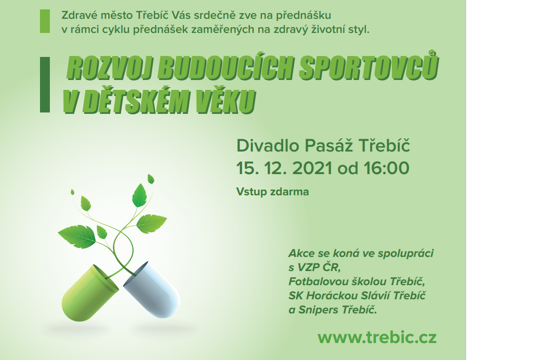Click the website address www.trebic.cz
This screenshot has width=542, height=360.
pyautogui.click(x=377, y=337)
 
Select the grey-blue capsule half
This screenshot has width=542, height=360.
pyautogui.click(x=152, y=289)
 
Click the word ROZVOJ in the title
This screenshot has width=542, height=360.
pyautogui.click(x=110, y=68)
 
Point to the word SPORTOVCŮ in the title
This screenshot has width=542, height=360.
pyautogui.click(x=369, y=66)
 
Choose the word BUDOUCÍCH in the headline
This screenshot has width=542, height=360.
pyautogui.click(x=226, y=67)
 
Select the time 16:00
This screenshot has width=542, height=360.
pyautogui.click(x=386, y=168)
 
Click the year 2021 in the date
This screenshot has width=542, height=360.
pyautogui.click(x=312, y=168)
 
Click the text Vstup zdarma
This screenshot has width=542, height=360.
pyautogui.click(x=272, y=192)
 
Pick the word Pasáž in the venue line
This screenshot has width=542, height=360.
pyautogui.click(x=328, y=145)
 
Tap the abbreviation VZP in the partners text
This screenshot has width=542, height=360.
pyautogui.click(x=309, y=268)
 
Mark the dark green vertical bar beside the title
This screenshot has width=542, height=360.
pyautogui.click(x=45, y=85)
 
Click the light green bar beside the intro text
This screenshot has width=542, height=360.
pyautogui.click(x=45, y=22)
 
